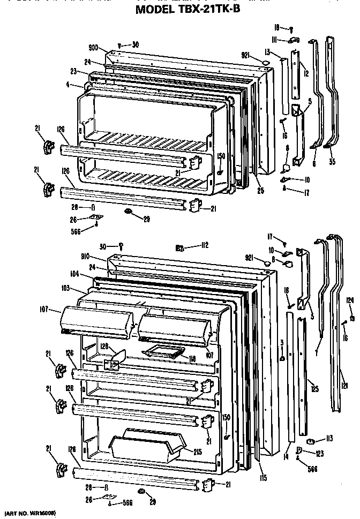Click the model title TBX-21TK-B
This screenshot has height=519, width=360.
(x=187, y=9)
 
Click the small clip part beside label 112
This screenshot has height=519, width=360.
(x=180, y=247)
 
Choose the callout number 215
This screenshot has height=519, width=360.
(x=197, y=452)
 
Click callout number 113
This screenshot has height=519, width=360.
(x=328, y=438)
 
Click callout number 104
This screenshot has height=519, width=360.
(x=74, y=273)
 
